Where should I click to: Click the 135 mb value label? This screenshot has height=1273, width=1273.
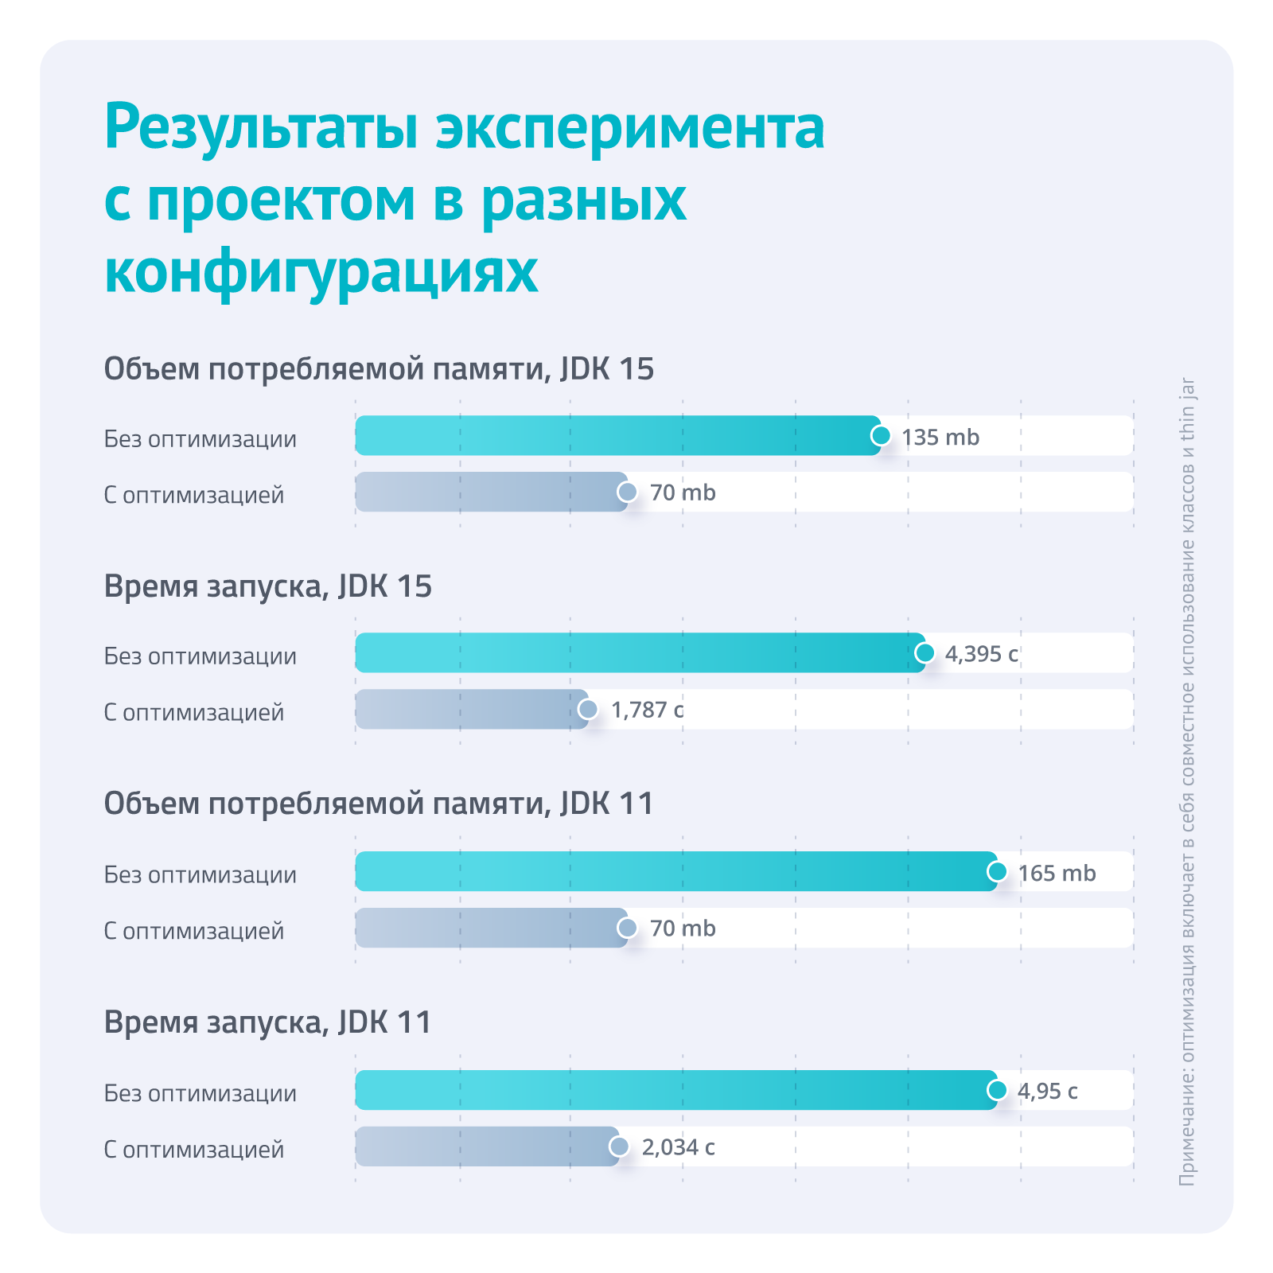940,438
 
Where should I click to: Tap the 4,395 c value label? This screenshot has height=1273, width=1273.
981,654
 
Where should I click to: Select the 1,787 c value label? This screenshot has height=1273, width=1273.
647,710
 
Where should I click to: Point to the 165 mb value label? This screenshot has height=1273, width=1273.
1057,874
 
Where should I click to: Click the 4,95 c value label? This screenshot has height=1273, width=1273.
1047,1091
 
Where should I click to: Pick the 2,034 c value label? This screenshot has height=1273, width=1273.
678,1147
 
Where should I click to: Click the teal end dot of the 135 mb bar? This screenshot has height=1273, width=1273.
881,436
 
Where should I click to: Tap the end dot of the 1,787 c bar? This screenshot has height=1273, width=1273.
588,709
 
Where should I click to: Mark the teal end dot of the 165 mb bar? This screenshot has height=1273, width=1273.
997,871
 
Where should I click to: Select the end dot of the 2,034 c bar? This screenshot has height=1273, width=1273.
619,1146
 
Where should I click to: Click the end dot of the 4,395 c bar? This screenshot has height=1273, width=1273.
925,653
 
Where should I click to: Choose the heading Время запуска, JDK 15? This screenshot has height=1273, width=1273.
268,587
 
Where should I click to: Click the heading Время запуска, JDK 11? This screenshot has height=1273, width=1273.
268,1022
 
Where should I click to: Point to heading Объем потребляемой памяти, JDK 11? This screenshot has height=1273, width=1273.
379,804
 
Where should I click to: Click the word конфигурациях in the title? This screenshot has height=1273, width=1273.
321,272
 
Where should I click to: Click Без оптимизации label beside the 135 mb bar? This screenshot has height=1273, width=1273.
200,439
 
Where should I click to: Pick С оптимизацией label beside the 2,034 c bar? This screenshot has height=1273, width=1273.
194,1150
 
